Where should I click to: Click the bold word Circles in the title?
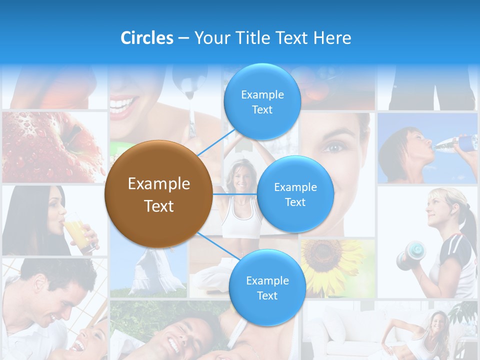(x=146, y=37)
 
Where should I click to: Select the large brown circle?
(x=158, y=194)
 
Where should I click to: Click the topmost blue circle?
(x=262, y=102)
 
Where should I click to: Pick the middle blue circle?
(x=295, y=194)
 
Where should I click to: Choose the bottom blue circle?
(x=267, y=288)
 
